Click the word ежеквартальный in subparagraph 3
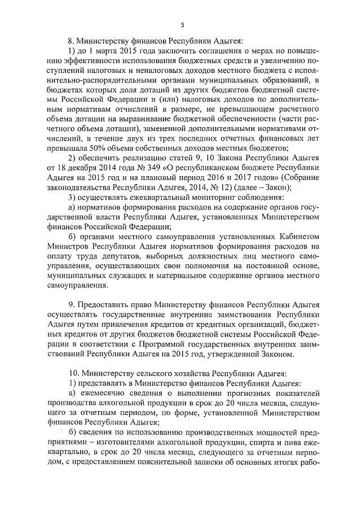[159, 198]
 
